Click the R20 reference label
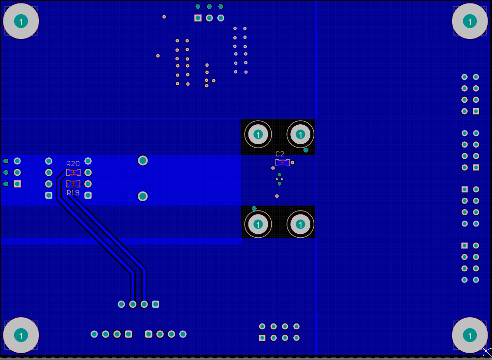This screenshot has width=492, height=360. click(73, 164)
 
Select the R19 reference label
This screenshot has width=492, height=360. click(73, 193)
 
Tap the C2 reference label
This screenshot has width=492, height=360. click(280, 154)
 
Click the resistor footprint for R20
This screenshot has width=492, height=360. click(74, 172)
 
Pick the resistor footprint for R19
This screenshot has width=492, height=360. click(74, 184)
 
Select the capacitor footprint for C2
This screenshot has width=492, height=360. click(282, 163)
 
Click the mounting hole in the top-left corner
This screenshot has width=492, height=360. click(21, 21)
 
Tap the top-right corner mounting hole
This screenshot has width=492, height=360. click(470, 21)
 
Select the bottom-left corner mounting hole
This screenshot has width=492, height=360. click(21, 335)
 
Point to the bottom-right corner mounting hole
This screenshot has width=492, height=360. click(470, 335)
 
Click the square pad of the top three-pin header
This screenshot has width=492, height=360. click(198, 18)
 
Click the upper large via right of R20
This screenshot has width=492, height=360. click(143, 160)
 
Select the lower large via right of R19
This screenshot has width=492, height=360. click(143, 196)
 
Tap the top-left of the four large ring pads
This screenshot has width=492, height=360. click(259, 134)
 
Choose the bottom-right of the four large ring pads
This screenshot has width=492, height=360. click(300, 224)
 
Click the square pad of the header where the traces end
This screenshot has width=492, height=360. click(155, 304)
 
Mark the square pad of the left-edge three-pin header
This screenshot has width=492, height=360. click(18, 184)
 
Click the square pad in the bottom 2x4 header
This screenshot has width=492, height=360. click(262, 338)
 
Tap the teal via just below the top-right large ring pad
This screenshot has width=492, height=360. click(306, 150)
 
